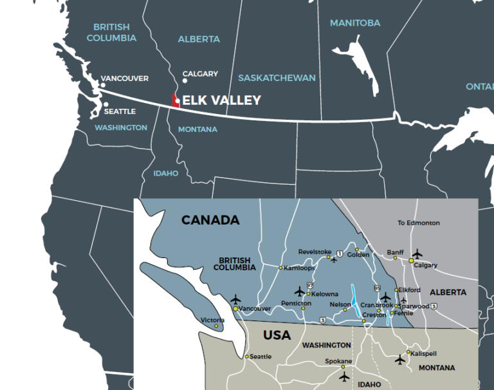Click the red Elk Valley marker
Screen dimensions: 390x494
[x=175, y=100]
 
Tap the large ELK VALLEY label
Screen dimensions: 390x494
[x=221, y=100]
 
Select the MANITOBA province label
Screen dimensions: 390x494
[x=354, y=23]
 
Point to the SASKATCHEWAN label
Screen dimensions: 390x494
[x=277, y=78]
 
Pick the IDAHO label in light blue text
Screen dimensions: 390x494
[x=165, y=173]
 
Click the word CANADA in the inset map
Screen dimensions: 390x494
[x=210, y=220]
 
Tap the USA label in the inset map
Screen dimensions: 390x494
[x=277, y=335]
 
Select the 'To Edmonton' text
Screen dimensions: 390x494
[x=418, y=223]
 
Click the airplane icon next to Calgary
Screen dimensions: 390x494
[x=417, y=254]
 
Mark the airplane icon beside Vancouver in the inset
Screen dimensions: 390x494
[x=235, y=299]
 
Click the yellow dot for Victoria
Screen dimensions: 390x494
[x=216, y=326]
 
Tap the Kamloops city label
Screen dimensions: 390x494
[x=299, y=267]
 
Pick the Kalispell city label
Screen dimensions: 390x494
[x=425, y=354]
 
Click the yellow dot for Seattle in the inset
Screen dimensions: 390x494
[x=246, y=356]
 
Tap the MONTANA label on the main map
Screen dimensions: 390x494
[x=197, y=129]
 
